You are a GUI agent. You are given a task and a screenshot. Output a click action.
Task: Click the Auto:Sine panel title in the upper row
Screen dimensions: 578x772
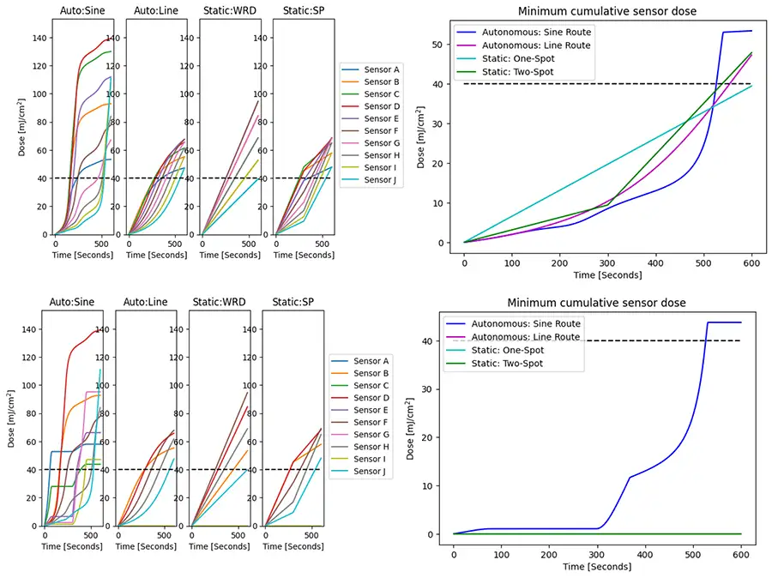pos(83,11)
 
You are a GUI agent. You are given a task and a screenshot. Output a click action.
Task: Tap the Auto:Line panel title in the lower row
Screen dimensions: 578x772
pos(145,302)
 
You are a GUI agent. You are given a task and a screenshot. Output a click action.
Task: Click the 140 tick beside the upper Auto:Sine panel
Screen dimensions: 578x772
pos(39,39)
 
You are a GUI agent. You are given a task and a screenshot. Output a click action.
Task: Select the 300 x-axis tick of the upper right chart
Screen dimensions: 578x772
pos(608,262)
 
